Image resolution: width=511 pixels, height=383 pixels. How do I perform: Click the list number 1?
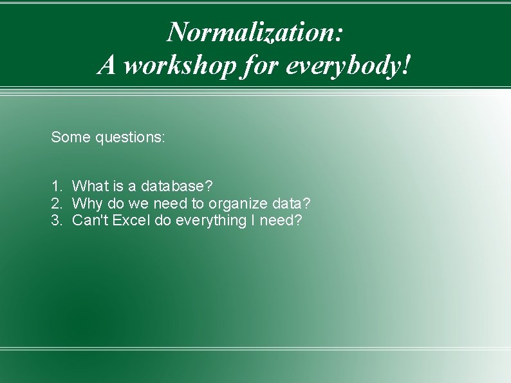tap(56, 187)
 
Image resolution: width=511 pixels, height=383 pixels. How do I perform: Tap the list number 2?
tap(56, 204)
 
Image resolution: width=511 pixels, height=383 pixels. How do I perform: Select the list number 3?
tap(56, 221)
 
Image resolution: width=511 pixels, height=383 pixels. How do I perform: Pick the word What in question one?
tap(89, 187)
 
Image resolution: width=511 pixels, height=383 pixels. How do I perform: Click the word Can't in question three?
tap(90, 221)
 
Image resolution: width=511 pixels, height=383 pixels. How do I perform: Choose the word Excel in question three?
tap(131, 221)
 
